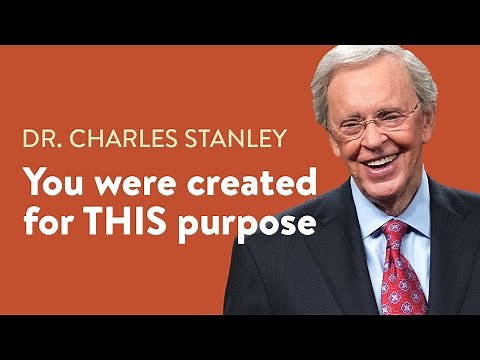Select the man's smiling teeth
[383, 160]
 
